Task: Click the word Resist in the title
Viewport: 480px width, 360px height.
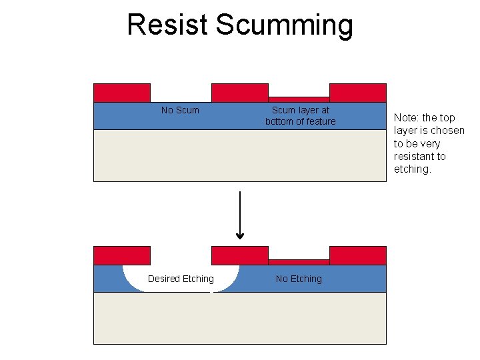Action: pyautogui.click(x=168, y=25)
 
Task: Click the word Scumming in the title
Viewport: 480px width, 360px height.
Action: pyautogui.click(x=285, y=26)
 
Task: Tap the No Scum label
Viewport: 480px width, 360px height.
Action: pyautogui.click(x=180, y=110)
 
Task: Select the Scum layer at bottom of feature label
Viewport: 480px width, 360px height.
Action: pyautogui.click(x=300, y=115)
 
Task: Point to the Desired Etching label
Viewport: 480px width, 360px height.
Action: pyautogui.click(x=181, y=279)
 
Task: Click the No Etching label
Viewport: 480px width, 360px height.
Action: pyautogui.click(x=299, y=279)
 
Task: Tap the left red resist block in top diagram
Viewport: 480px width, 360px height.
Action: pyautogui.click(x=122, y=93)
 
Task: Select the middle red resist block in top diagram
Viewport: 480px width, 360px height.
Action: pyautogui.click(x=239, y=93)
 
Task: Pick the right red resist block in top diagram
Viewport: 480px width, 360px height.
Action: pyautogui.click(x=358, y=93)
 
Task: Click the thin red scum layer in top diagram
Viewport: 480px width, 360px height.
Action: pyautogui.click(x=299, y=99)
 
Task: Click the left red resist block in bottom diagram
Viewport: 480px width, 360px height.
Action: pyautogui.click(x=122, y=255)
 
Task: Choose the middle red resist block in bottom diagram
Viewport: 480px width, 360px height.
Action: pyautogui.click(x=239, y=255)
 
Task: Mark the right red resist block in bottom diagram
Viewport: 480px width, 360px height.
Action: pyautogui.click(x=358, y=255)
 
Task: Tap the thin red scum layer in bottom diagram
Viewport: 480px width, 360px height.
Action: pyautogui.click(x=299, y=262)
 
